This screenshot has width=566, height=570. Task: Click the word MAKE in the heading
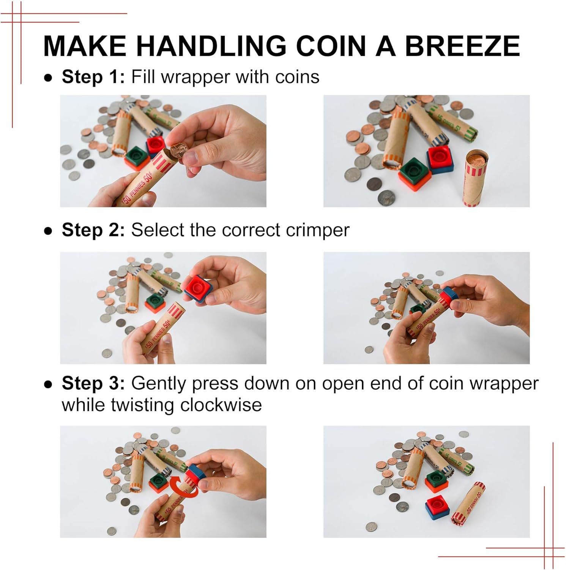(85, 46)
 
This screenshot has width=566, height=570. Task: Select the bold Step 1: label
(93, 77)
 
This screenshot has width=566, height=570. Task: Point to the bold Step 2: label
(93, 230)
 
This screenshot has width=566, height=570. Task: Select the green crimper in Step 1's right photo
(415, 171)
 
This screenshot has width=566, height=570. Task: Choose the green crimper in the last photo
(437, 480)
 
